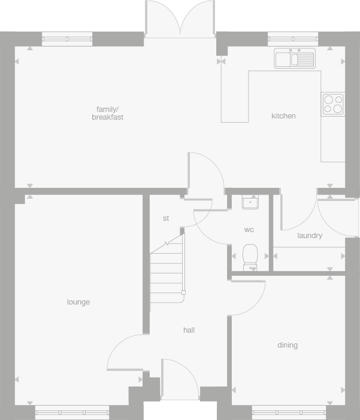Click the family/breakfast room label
108,113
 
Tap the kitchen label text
283,116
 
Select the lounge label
78,302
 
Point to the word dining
288,345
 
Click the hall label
189,330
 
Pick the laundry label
310,236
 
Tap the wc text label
249,230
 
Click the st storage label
166,218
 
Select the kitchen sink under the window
294,59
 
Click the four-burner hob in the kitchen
332,104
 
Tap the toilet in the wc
250,256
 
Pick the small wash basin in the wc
250,202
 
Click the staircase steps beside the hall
166,269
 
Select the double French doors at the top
180,19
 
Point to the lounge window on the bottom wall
72,412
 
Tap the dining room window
289,412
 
